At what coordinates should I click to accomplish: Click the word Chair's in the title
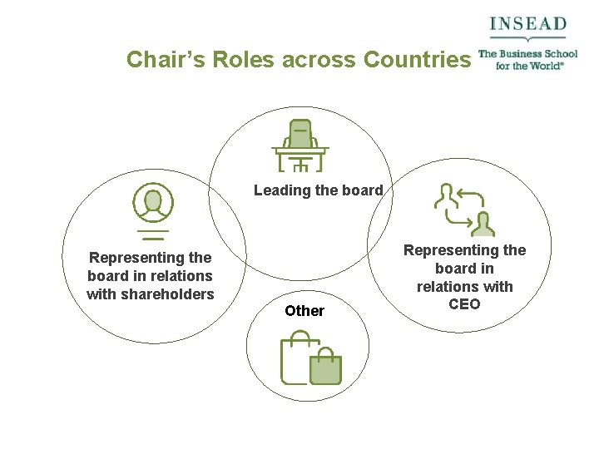pos(166,60)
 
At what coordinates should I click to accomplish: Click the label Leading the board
pos(318,190)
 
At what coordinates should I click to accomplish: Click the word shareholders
pos(150,294)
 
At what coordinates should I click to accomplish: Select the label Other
pos(304,311)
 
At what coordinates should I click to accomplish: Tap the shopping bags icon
pos(311,358)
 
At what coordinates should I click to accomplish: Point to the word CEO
pos(464,304)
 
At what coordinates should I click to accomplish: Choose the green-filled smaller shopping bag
pos(325,368)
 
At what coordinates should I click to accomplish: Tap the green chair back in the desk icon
pos(300,134)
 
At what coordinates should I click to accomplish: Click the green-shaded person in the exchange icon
pos(483,224)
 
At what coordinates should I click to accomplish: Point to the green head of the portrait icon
pos(153,200)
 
